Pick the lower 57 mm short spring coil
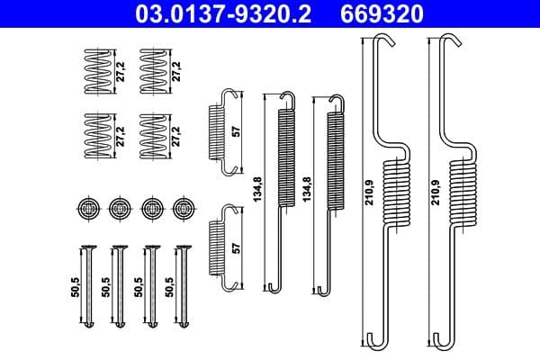coord(220,247)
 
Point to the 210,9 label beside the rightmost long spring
coord(437,192)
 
